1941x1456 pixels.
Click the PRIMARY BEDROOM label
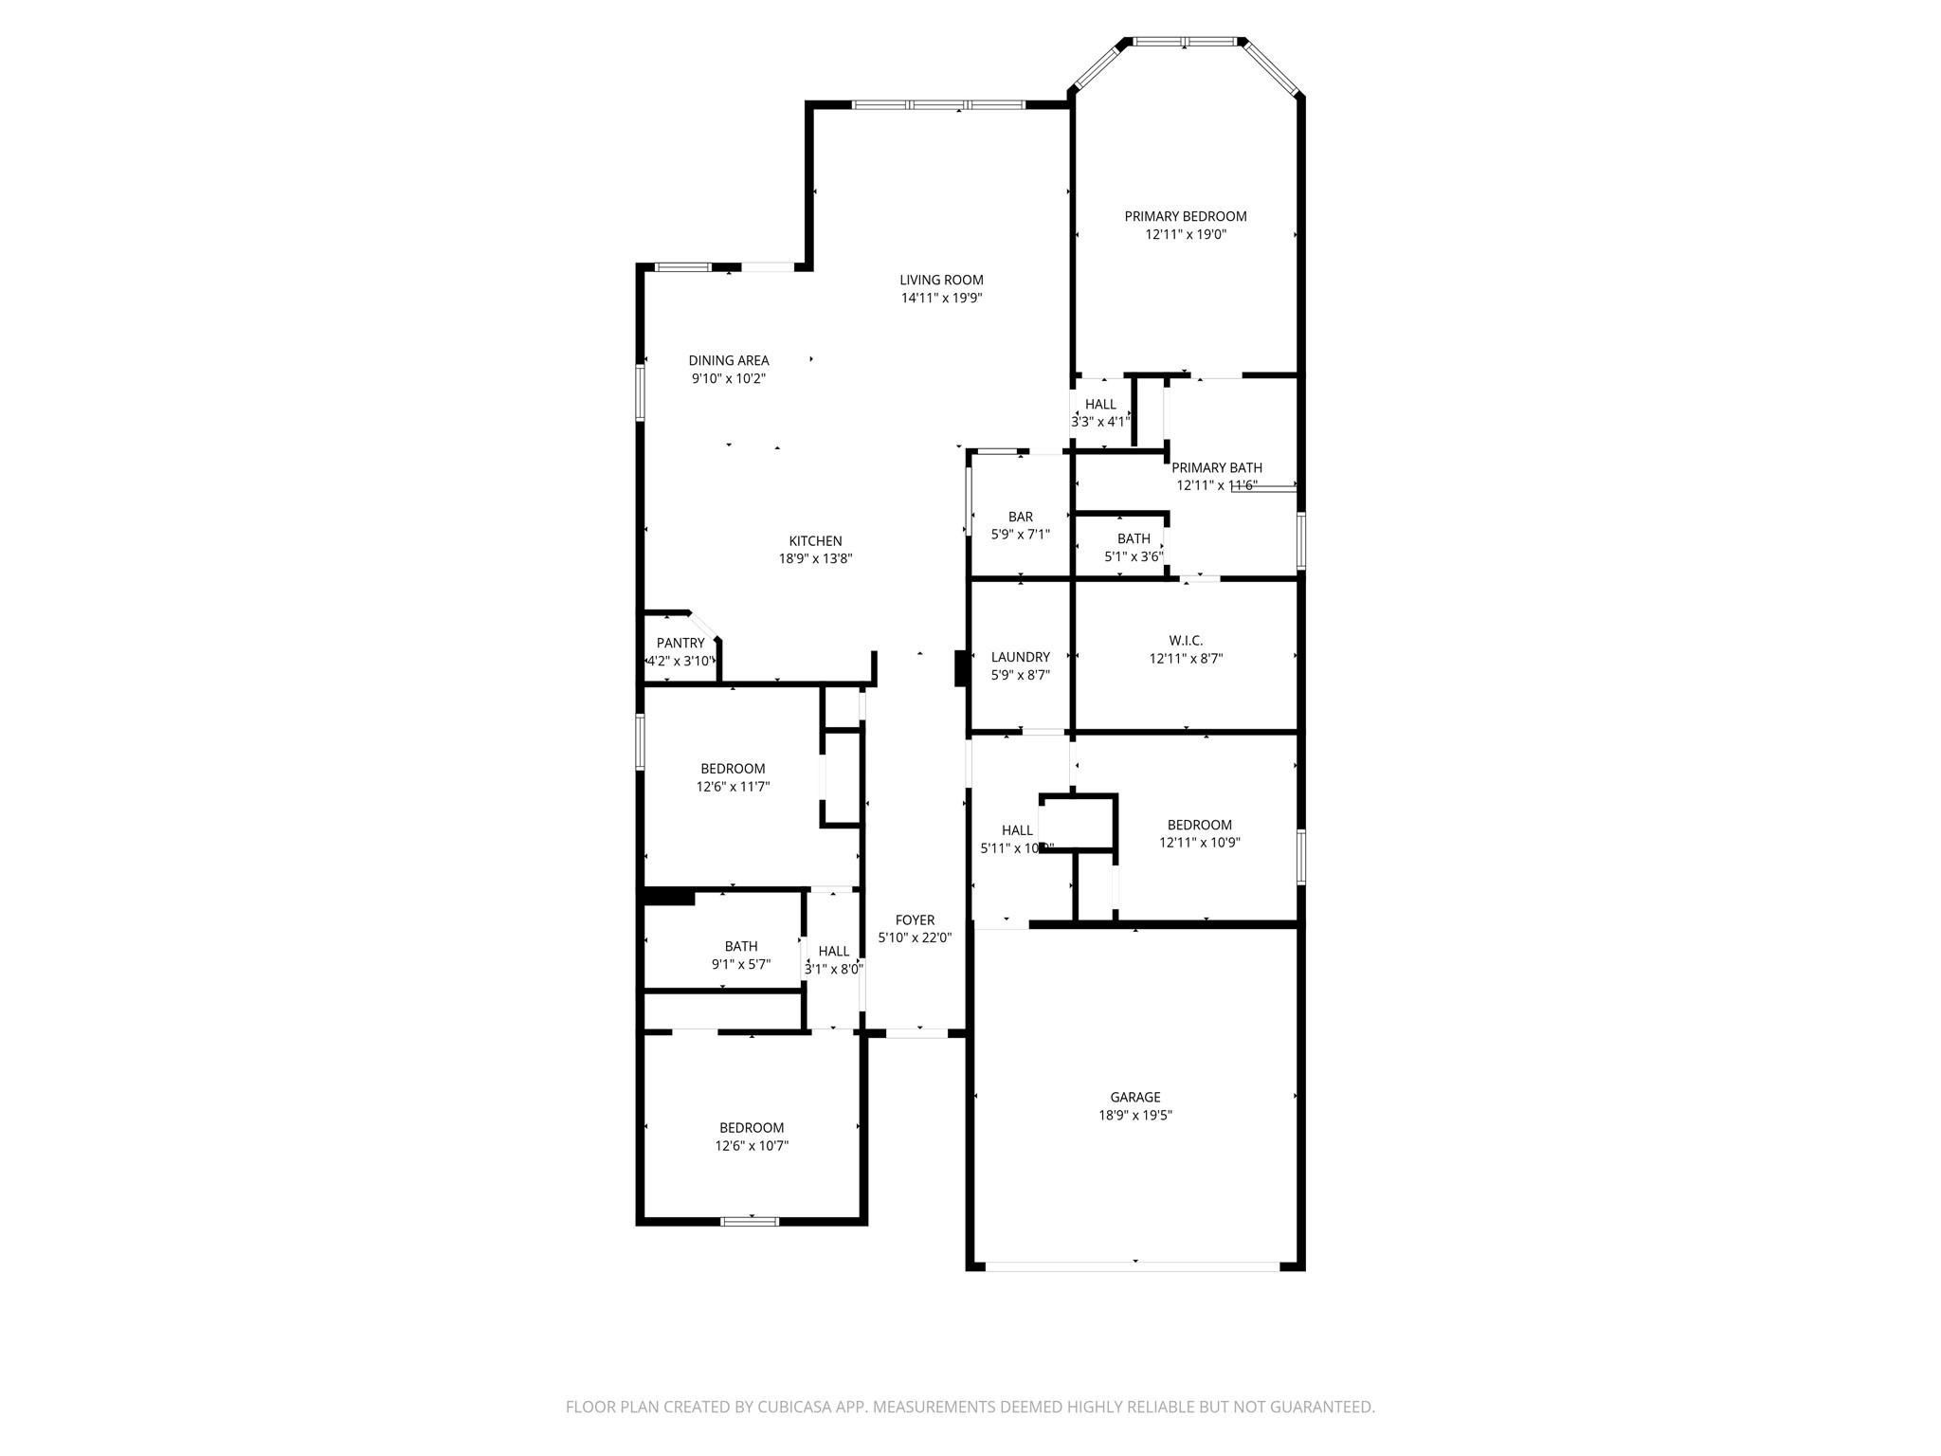coord(1185,216)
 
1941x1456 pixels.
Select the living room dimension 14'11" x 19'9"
coord(941,298)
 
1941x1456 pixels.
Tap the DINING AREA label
coord(728,360)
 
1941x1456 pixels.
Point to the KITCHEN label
coord(815,541)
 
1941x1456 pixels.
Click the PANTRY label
coord(680,643)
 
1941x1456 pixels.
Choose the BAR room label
coord(1020,517)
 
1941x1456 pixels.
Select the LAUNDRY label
coord(1020,657)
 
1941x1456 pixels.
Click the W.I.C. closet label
coord(1185,641)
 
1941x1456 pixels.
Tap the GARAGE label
coord(1134,1097)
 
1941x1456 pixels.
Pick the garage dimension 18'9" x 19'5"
coord(1134,1115)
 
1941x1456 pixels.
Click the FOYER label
coord(915,919)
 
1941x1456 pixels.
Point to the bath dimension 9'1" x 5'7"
coord(740,964)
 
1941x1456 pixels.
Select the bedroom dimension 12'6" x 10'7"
coord(752,1145)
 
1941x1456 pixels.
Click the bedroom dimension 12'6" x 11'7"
coord(733,786)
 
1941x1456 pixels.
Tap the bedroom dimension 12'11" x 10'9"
coord(1199,842)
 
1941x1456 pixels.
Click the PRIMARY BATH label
coord(1216,467)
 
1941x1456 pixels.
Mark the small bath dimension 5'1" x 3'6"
coord(1133,556)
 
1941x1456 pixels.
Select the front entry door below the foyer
coord(916,1033)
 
